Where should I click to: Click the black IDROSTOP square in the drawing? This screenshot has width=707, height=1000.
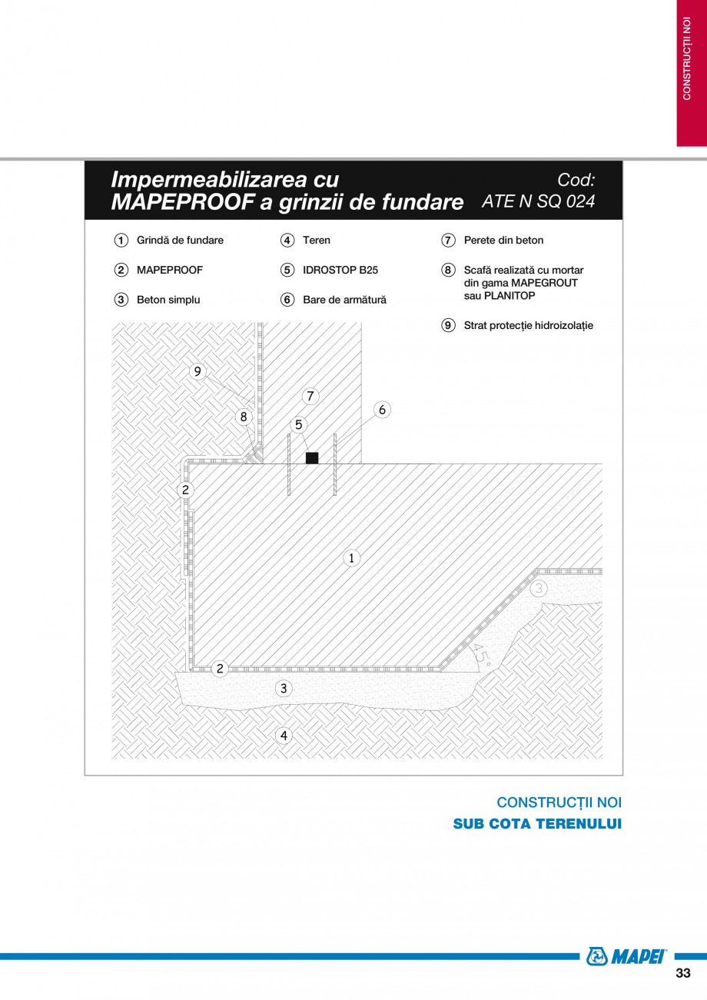tap(312, 458)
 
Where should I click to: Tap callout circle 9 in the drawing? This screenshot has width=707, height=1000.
tap(197, 371)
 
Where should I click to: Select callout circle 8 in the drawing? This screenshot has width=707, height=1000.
tap(244, 417)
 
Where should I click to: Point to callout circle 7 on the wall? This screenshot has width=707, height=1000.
tap(310, 397)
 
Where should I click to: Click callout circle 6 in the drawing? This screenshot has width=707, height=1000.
tap(382, 410)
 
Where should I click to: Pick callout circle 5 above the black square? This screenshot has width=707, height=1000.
tap(298, 424)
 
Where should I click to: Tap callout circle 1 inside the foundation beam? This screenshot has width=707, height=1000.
tap(350, 558)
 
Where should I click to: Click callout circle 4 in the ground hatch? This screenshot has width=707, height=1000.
tap(284, 736)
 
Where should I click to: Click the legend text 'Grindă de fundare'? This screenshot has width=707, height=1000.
tap(180, 241)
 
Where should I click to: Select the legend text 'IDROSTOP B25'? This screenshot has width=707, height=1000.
tap(340, 271)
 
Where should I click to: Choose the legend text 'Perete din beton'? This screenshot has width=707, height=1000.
tap(503, 241)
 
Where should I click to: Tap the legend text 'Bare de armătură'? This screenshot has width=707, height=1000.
tap(344, 300)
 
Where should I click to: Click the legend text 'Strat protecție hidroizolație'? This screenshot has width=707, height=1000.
tap(528, 326)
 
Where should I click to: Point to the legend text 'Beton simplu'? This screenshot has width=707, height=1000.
tap(168, 300)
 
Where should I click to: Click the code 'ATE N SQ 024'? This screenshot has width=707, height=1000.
tap(538, 201)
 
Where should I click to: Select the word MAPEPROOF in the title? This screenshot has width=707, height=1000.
tap(181, 202)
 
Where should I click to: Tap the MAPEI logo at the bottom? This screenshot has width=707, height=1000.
tap(626, 956)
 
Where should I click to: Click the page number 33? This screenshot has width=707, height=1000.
tap(682, 973)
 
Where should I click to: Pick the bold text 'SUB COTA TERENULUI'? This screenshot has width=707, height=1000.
tap(537, 824)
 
